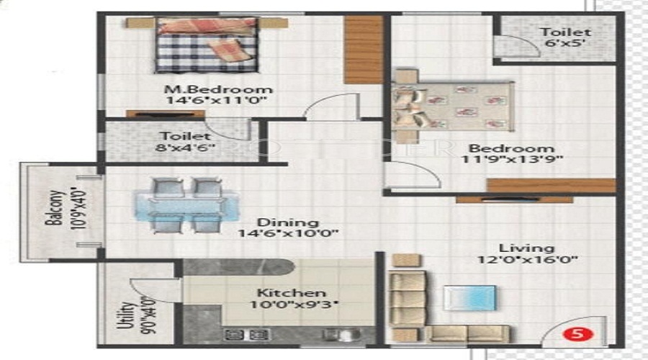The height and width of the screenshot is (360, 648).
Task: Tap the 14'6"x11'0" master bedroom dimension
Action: [x=216, y=101]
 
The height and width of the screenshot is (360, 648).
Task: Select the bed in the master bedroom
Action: [x=207, y=45]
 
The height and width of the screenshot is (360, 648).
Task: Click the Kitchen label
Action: [x=291, y=293]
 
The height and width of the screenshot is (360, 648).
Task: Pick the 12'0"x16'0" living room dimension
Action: [x=528, y=260]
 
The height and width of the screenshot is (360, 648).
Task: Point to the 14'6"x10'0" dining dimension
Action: [x=288, y=234]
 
